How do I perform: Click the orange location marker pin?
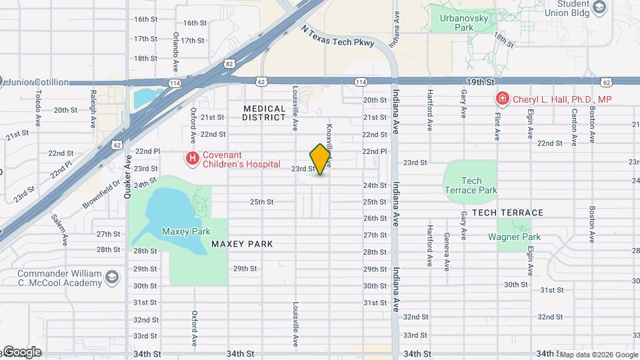321,159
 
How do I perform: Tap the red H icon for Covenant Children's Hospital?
193,158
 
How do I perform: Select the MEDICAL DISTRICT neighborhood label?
264,113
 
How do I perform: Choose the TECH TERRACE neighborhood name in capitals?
507,213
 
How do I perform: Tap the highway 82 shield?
229,63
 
